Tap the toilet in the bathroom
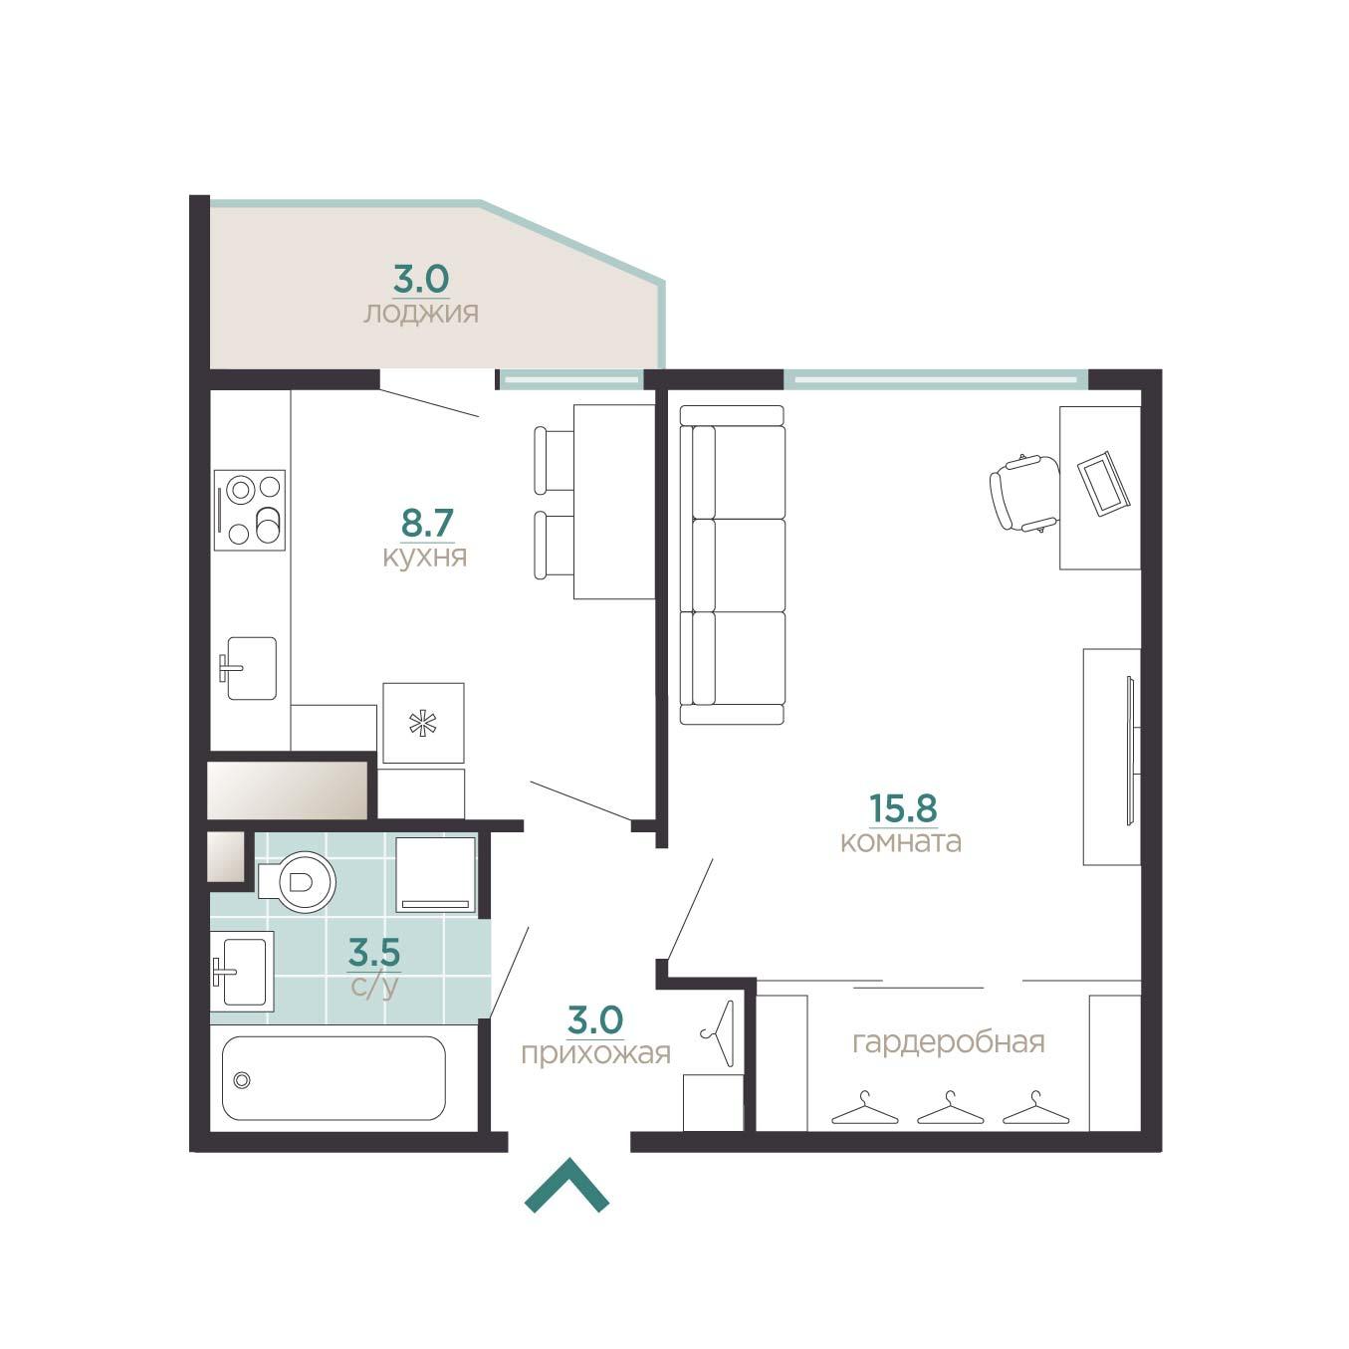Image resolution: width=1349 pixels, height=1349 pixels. (299, 882)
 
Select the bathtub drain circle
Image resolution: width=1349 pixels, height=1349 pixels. (242, 1081)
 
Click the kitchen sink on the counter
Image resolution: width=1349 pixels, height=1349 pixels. (249, 668)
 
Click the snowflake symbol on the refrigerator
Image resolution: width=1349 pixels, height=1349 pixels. (423, 723)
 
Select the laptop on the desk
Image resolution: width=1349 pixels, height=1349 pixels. (1103, 484)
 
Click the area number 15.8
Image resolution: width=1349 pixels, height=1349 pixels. (903, 807)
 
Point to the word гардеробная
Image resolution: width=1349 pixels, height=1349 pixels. (949, 1042)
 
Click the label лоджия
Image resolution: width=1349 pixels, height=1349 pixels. (421, 313)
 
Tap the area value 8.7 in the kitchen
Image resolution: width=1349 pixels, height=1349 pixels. (427, 523)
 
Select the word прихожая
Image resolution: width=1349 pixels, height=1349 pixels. (595, 1052)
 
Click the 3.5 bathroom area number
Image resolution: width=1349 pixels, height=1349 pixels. (374, 952)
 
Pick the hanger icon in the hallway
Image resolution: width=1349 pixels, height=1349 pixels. (718, 1033)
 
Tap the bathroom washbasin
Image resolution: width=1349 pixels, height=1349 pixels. (242, 971)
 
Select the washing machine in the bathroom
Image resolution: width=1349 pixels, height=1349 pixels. (435, 874)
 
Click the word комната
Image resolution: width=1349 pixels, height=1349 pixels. (901, 841)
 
